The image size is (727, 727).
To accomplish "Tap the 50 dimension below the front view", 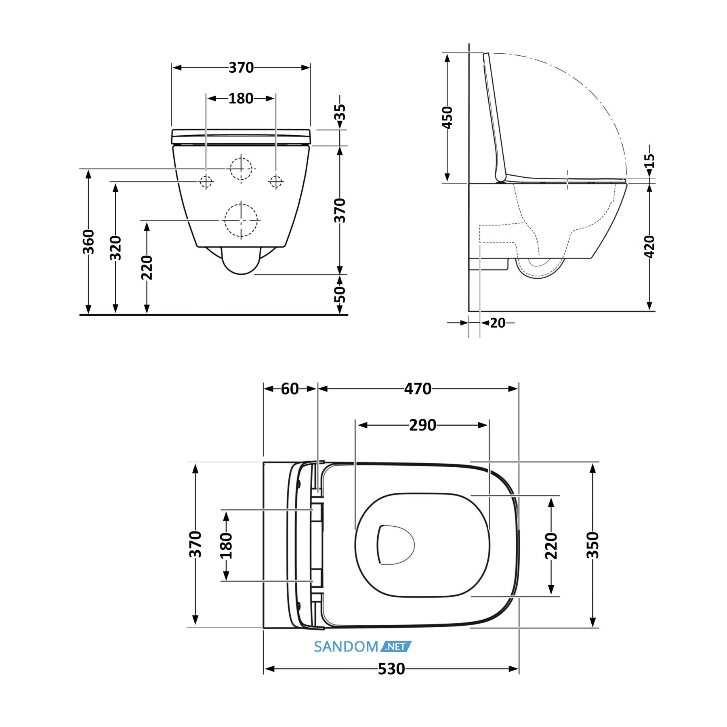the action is click(340, 294).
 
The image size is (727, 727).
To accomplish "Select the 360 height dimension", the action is click(88, 242).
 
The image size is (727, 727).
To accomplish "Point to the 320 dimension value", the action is click(116, 248).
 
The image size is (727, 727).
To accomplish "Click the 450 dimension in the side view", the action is click(448, 118).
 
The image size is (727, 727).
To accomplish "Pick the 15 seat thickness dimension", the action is click(649, 161).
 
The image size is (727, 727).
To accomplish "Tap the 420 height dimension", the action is click(649, 246).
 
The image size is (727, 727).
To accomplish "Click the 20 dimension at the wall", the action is click(498, 323).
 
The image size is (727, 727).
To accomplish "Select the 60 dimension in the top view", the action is click(290, 389).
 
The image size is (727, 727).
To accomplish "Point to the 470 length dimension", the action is click(418, 389).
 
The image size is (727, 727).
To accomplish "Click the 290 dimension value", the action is click(422, 425).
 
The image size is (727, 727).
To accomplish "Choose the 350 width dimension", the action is click(593, 545).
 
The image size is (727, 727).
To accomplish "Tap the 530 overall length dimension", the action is click(391, 669).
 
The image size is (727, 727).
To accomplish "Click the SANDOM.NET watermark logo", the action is click(363, 647).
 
